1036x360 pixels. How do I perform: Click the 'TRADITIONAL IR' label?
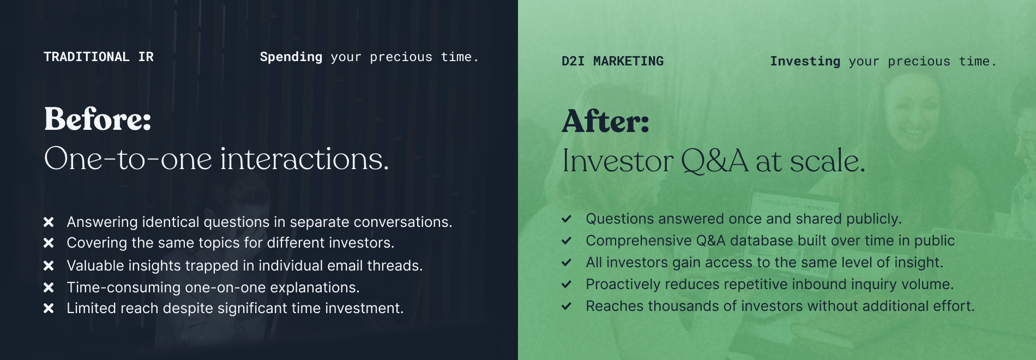99,57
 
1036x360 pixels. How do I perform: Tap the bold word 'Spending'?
291,57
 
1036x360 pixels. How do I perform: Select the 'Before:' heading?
98,119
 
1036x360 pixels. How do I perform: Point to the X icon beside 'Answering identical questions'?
49,222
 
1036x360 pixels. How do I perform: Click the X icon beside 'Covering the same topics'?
49,243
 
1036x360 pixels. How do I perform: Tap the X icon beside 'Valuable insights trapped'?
49,266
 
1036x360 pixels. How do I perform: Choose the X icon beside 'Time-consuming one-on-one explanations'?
49,287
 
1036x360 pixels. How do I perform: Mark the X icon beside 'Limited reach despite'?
49,308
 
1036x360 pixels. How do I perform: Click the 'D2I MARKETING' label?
613,61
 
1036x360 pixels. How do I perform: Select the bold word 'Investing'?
805,62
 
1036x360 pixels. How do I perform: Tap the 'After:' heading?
606,121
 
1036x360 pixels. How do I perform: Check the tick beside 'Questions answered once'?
567,219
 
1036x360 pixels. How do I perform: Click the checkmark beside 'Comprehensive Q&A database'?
567,241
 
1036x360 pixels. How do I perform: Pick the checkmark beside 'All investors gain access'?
567,262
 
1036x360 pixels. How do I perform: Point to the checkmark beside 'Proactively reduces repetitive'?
567,284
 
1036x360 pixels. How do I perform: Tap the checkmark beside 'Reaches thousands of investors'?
567,306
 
